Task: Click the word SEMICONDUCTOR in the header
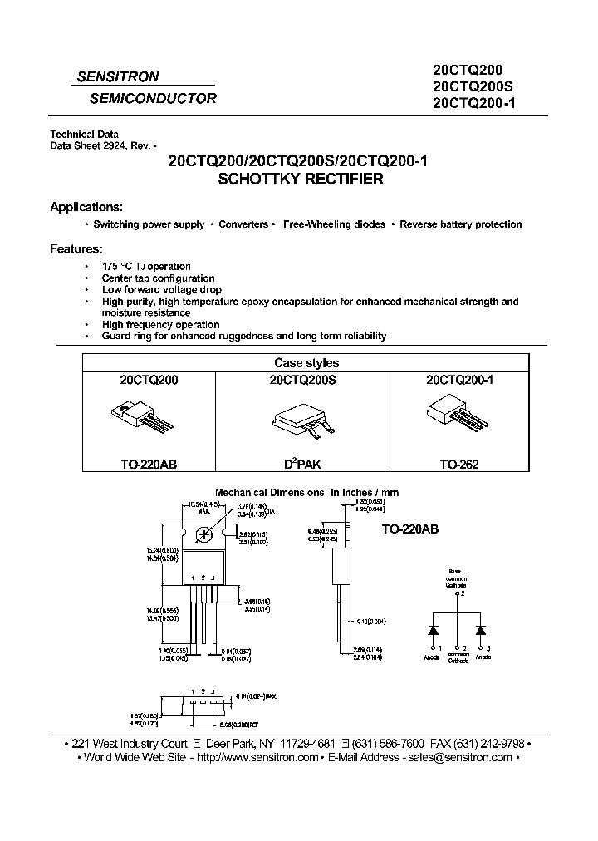[153, 98]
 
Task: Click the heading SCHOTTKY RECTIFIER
[299, 179]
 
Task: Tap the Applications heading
[86, 207]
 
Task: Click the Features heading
[76, 248]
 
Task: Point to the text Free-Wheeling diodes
[334, 224]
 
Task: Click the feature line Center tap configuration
[158, 278]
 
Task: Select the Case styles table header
[306, 363]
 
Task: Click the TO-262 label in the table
[459, 465]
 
